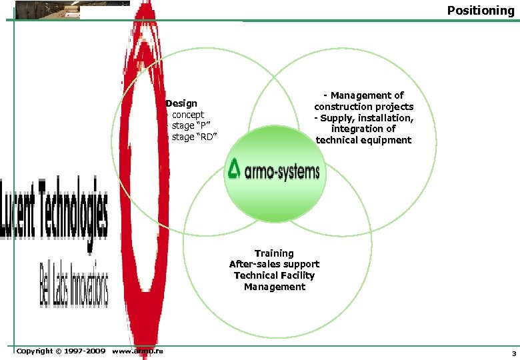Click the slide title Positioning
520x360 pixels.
click(x=480, y=10)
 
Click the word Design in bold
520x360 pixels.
click(x=181, y=103)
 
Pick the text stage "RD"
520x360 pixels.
click(x=194, y=137)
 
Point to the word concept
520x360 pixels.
click(x=188, y=115)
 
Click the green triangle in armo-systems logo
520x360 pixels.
click(x=234, y=169)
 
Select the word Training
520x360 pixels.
click(x=274, y=253)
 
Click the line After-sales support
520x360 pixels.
click(x=274, y=264)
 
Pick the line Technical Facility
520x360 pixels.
click(x=274, y=275)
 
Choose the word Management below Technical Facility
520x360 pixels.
click(x=274, y=287)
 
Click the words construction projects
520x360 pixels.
click(x=364, y=107)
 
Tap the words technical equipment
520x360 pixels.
click(x=363, y=140)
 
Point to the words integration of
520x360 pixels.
click(x=363, y=129)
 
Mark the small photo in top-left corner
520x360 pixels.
click(x=47, y=9)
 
